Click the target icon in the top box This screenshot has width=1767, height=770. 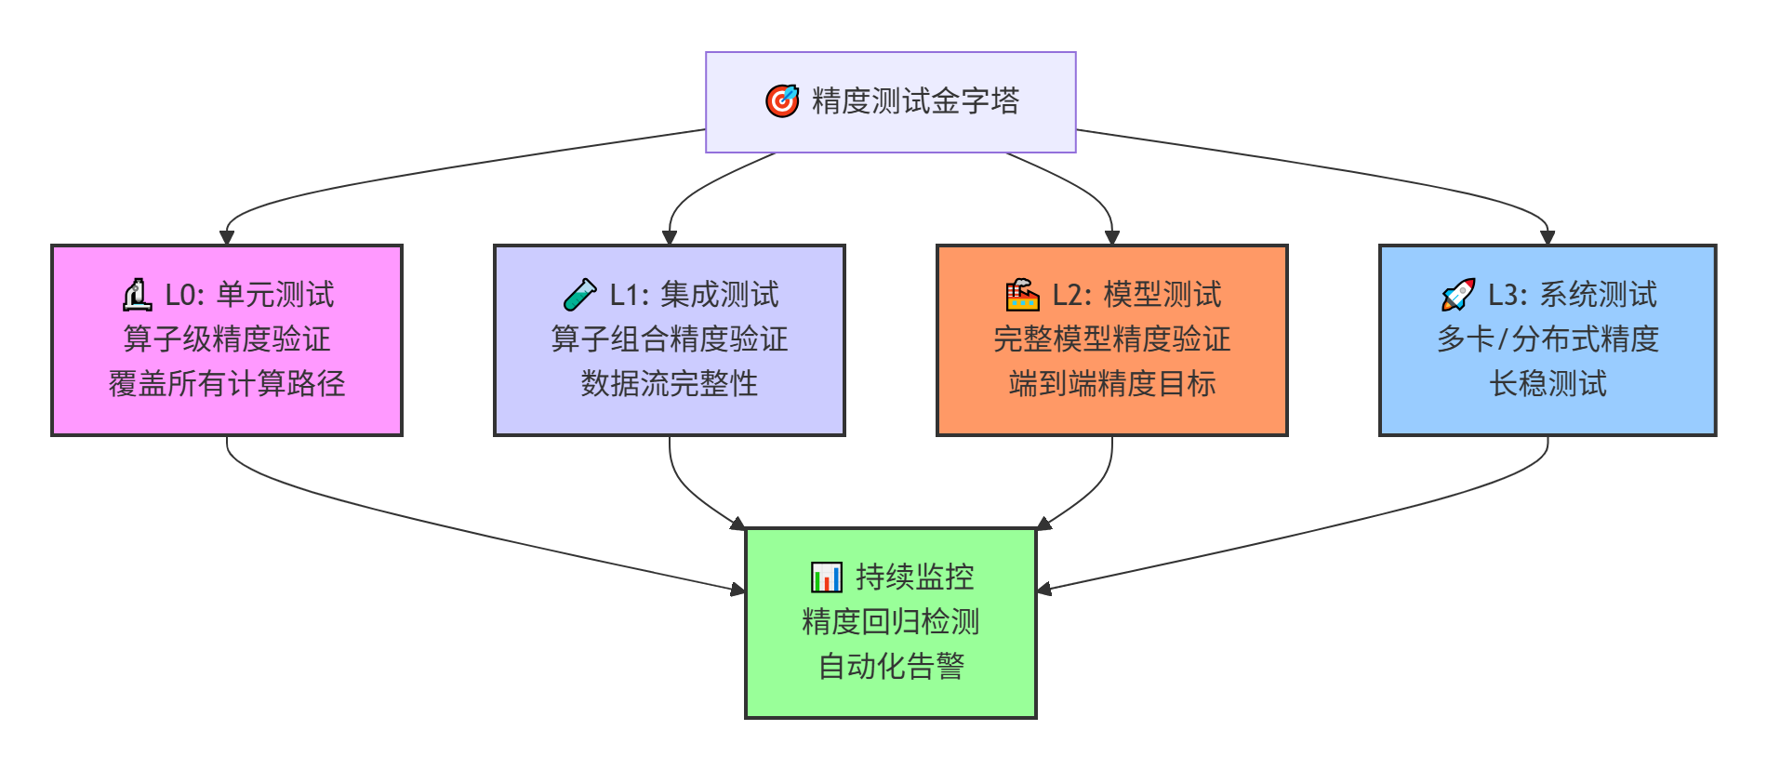782,101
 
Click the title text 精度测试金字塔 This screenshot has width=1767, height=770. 915,101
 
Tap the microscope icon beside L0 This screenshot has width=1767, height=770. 138,296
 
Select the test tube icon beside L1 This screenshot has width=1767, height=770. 580,296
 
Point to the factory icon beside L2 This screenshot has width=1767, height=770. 1022,296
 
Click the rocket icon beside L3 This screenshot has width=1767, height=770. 1457,296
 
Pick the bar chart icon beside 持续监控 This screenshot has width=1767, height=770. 826,577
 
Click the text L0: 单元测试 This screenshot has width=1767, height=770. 249,296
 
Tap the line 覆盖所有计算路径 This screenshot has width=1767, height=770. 227,384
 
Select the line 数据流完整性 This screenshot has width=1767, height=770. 670,384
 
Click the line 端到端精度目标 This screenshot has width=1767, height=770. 1112,384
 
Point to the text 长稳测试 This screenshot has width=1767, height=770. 1548,384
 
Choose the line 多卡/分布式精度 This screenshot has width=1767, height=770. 1548,339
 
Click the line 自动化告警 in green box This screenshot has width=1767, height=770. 891,667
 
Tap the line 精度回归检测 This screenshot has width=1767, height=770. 891,622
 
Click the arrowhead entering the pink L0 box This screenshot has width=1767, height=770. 227,238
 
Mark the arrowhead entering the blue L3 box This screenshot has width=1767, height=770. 1548,238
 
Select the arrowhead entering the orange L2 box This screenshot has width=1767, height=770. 1112,238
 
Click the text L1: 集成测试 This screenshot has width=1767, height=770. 694,296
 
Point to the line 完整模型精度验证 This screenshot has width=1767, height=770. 1112,339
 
